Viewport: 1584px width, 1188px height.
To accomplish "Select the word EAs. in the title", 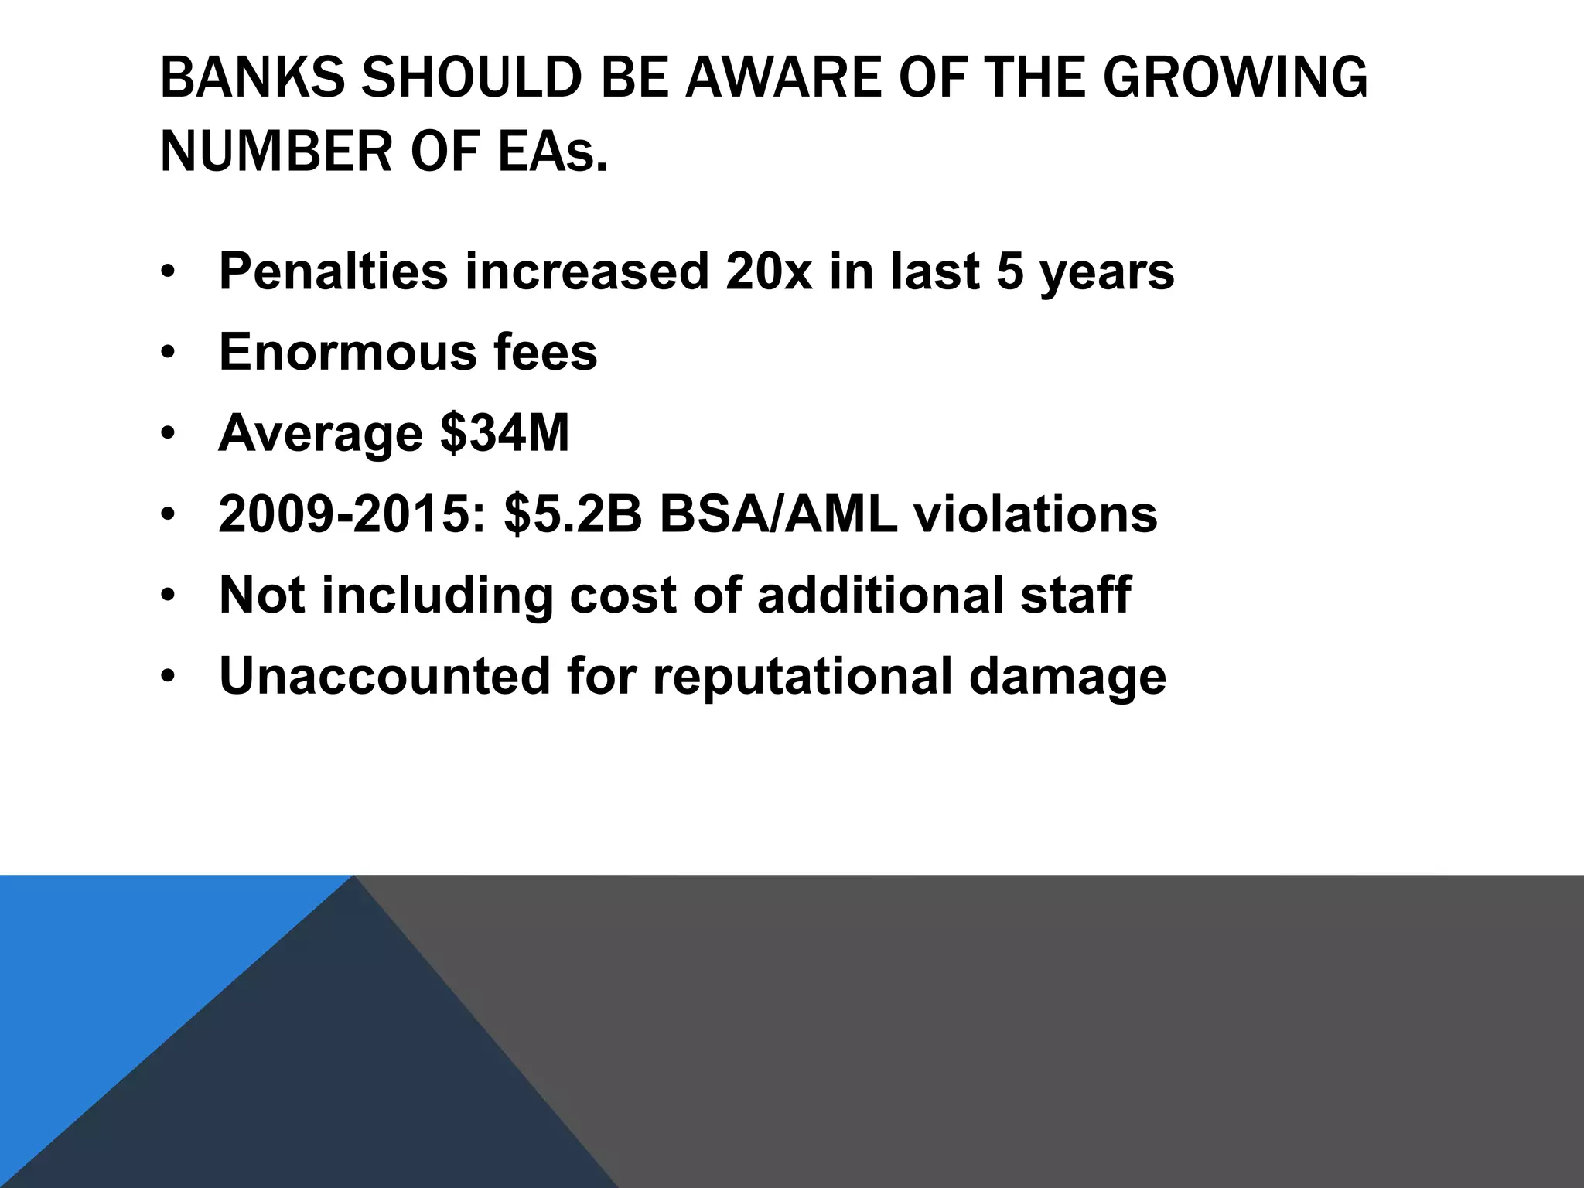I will point(552,152).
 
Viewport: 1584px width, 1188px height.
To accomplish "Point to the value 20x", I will point(769,271).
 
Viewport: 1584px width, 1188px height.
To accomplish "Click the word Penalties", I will point(333,271).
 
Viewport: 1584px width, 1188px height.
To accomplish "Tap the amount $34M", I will point(504,433).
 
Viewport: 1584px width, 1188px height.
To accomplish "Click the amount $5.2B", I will point(573,514).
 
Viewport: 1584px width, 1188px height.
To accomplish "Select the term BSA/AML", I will point(778,514).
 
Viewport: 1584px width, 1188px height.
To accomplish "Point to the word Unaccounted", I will point(384,676).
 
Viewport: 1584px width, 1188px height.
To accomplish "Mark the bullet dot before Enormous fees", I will point(168,353).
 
